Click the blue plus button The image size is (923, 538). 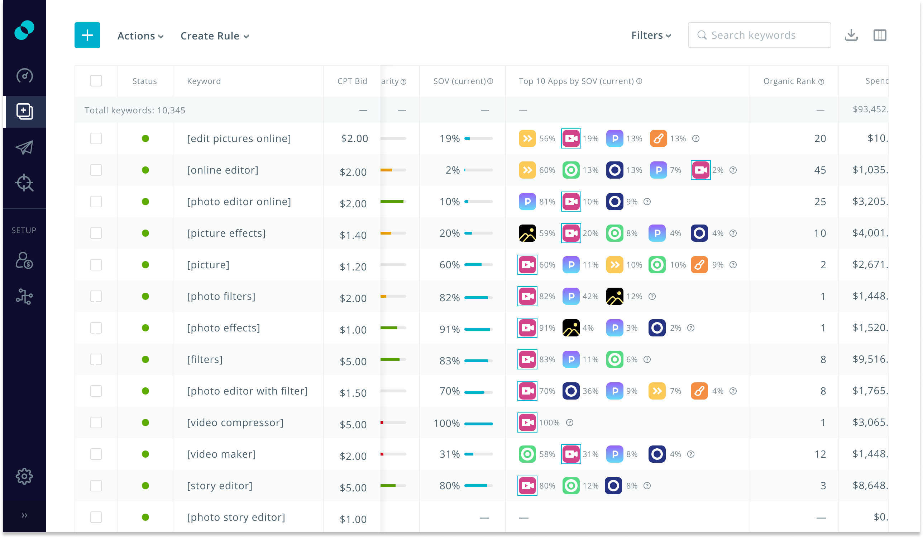click(x=87, y=35)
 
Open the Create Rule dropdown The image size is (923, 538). click(x=215, y=36)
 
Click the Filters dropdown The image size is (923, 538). click(x=651, y=35)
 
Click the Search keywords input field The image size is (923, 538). click(x=759, y=35)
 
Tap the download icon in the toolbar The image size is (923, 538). click(x=851, y=35)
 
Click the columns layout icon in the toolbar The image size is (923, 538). click(x=879, y=35)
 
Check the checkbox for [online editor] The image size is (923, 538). click(x=96, y=170)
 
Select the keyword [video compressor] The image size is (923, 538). click(x=235, y=423)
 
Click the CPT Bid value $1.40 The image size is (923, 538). click(x=353, y=235)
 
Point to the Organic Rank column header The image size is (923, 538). click(x=789, y=81)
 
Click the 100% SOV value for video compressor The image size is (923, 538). click(x=446, y=423)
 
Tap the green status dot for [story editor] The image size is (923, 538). click(x=145, y=486)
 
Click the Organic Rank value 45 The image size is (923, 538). click(x=820, y=170)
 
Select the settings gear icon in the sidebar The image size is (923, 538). click(x=24, y=476)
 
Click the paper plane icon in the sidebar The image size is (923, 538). click(x=24, y=147)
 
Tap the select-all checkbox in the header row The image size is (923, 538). click(x=96, y=81)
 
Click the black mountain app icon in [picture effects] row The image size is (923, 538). click(x=527, y=233)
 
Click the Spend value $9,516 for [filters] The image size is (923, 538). click(x=870, y=359)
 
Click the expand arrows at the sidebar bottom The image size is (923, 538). click(x=24, y=515)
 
